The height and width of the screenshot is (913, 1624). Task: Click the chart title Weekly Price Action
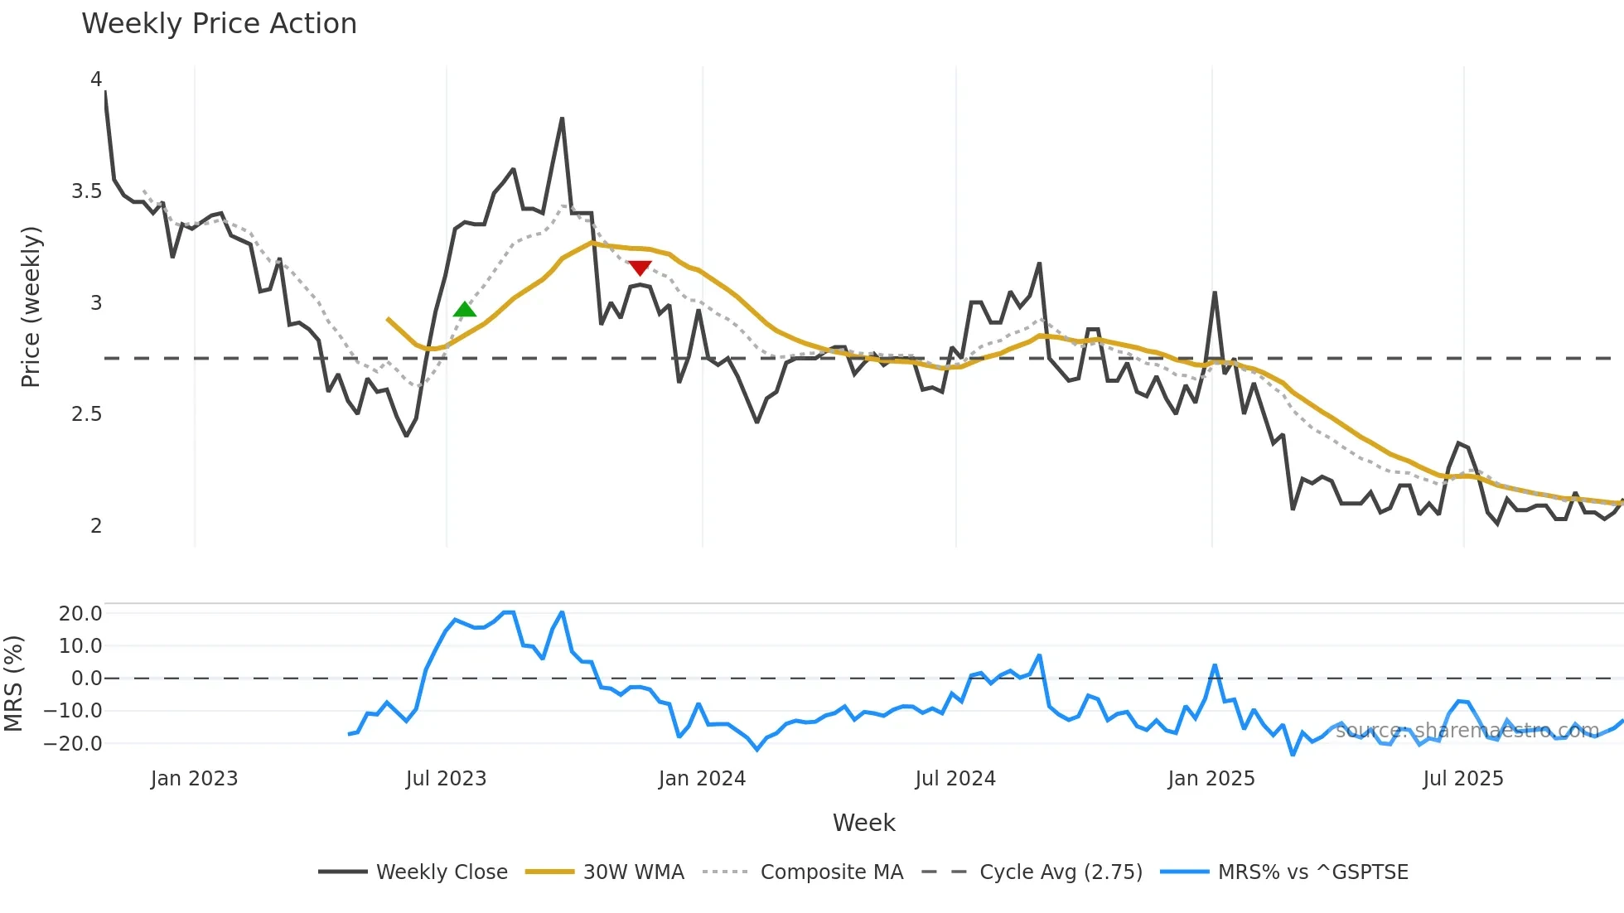click(x=219, y=23)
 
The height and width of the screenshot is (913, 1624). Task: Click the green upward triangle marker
click(x=465, y=310)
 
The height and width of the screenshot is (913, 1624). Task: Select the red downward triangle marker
click(x=640, y=268)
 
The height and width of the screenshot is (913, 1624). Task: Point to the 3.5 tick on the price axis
click(x=86, y=191)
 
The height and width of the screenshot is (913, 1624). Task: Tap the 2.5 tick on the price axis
click(x=86, y=414)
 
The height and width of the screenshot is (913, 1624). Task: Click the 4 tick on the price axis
click(x=96, y=80)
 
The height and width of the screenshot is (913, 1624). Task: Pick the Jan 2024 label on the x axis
click(x=702, y=779)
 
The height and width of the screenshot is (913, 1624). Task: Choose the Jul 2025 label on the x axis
click(x=1462, y=779)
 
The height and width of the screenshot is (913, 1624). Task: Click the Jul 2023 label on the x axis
click(x=446, y=779)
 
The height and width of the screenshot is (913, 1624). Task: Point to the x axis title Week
click(x=863, y=823)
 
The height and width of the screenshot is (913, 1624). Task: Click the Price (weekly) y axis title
click(x=31, y=307)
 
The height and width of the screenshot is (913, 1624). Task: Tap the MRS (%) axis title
click(x=13, y=684)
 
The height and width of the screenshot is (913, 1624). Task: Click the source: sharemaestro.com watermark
click(x=1467, y=731)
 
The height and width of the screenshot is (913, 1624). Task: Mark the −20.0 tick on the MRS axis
click(x=73, y=744)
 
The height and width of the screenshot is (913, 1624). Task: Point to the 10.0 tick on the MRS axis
click(x=80, y=646)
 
